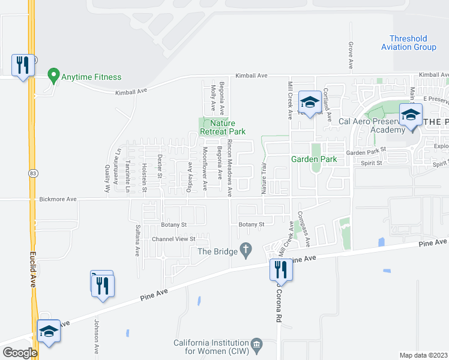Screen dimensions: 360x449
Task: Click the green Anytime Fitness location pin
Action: (x=53, y=76)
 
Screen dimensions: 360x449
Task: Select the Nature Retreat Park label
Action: (x=223, y=127)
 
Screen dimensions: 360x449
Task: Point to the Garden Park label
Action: (x=314, y=159)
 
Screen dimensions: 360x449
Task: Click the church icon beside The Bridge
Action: (x=246, y=248)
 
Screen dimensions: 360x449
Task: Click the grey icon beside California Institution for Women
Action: (x=257, y=344)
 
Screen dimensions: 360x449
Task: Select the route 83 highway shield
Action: (x=31, y=173)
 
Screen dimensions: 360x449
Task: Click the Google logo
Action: (x=20, y=352)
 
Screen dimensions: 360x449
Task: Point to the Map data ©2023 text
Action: (x=423, y=355)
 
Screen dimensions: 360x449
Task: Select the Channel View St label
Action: (x=173, y=239)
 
